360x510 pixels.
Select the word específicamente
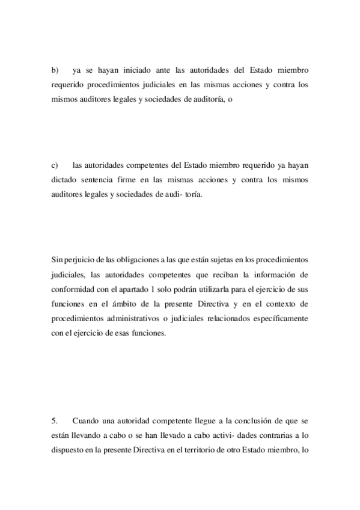[x=279, y=319]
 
